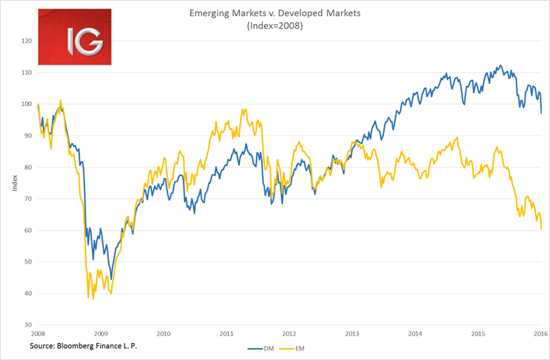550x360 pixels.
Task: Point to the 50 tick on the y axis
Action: click(27, 262)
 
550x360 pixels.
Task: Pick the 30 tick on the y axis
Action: click(27, 325)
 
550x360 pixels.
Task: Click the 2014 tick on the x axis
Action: click(416, 333)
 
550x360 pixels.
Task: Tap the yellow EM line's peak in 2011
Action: click(244, 110)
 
